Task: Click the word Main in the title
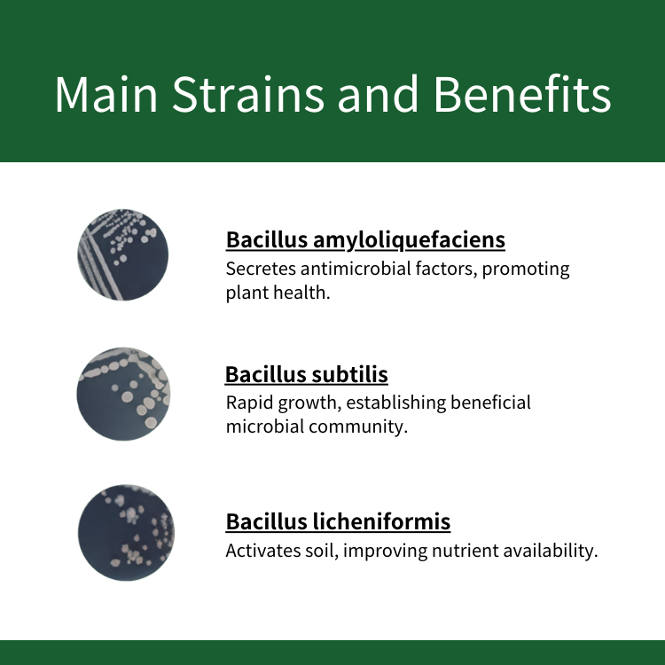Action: (x=106, y=94)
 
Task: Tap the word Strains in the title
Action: (x=248, y=94)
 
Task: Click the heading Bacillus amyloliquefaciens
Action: (x=365, y=240)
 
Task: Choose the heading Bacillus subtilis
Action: (x=307, y=374)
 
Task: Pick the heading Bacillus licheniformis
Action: (x=338, y=521)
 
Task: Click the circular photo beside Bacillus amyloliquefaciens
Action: (x=123, y=254)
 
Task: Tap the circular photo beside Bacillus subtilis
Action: (x=123, y=394)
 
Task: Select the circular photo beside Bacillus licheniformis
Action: (x=126, y=533)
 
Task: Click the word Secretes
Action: (x=261, y=269)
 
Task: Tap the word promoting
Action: (x=526, y=270)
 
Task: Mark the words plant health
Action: (x=278, y=293)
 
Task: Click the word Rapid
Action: (x=249, y=403)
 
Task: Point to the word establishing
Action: (x=396, y=403)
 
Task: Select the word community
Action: (x=358, y=427)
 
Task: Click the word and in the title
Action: (x=379, y=94)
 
